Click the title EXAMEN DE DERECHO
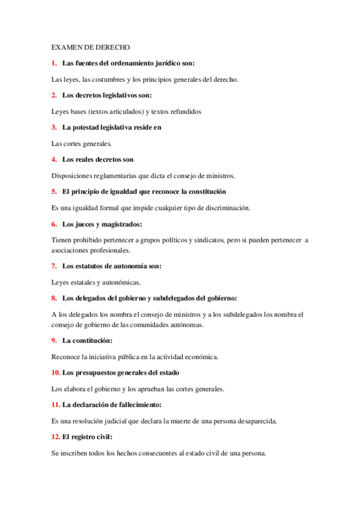click(90, 47)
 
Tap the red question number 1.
click(54, 63)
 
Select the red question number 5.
click(54, 192)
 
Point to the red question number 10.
click(55, 373)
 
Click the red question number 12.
click(55, 437)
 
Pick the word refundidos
click(184, 111)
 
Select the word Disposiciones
click(75, 176)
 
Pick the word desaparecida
click(253, 421)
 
